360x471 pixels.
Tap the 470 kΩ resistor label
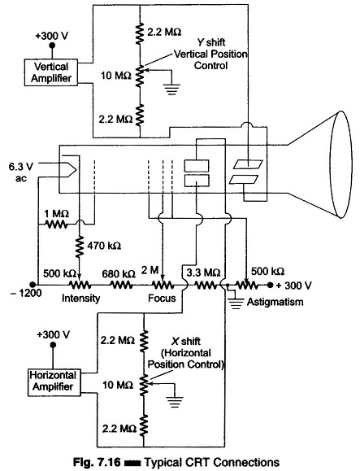[104, 246]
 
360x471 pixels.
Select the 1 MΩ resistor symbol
[56, 224]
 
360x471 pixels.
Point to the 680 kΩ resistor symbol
[122, 285]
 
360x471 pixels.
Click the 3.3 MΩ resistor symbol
[206, 285]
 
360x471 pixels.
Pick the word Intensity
[80, 299]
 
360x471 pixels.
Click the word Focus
[162, 299]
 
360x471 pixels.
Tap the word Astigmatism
[275, 302]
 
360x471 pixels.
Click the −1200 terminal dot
[33, 284]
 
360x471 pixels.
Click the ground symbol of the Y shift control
[171, 89]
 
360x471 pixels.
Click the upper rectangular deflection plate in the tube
[197, 165]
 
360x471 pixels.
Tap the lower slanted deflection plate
[244, 179]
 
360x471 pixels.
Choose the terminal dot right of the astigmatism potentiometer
[271, 285]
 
